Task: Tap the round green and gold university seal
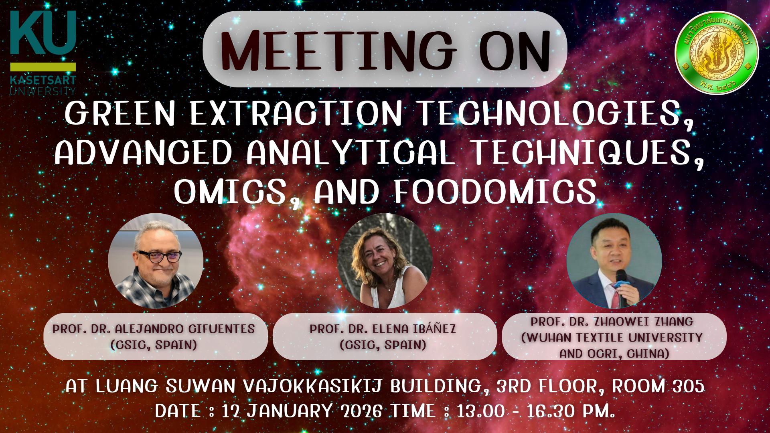coord(717,53)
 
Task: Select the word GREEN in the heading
coord(120,113)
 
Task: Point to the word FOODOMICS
coord(495,192)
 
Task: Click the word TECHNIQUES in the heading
coord(587,153)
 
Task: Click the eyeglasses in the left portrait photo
coord(160,256)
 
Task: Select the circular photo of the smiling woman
coord(385,261)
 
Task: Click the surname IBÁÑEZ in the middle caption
coord(434,328)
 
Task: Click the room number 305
coord(688,386)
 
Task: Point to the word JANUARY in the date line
coord(290,411)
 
